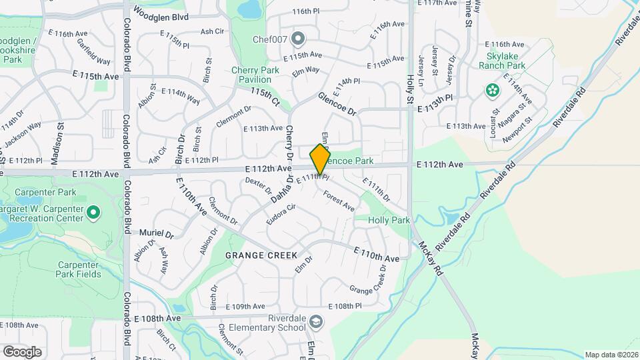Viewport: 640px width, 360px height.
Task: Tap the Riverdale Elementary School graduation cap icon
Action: (x=315, y=323)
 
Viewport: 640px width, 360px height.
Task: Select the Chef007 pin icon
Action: (x=297, y=38)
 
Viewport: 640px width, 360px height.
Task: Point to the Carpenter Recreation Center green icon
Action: (x=93, y=213)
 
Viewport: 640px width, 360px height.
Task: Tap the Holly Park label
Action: (x=390, y=219)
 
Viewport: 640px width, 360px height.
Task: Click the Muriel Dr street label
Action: (x=157, y=235)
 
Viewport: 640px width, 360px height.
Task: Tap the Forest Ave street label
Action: (x=339, y=201)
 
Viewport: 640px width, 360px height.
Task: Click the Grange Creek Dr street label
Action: (x=369, y=281)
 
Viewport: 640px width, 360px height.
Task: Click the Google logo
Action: (x=22, y=351)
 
